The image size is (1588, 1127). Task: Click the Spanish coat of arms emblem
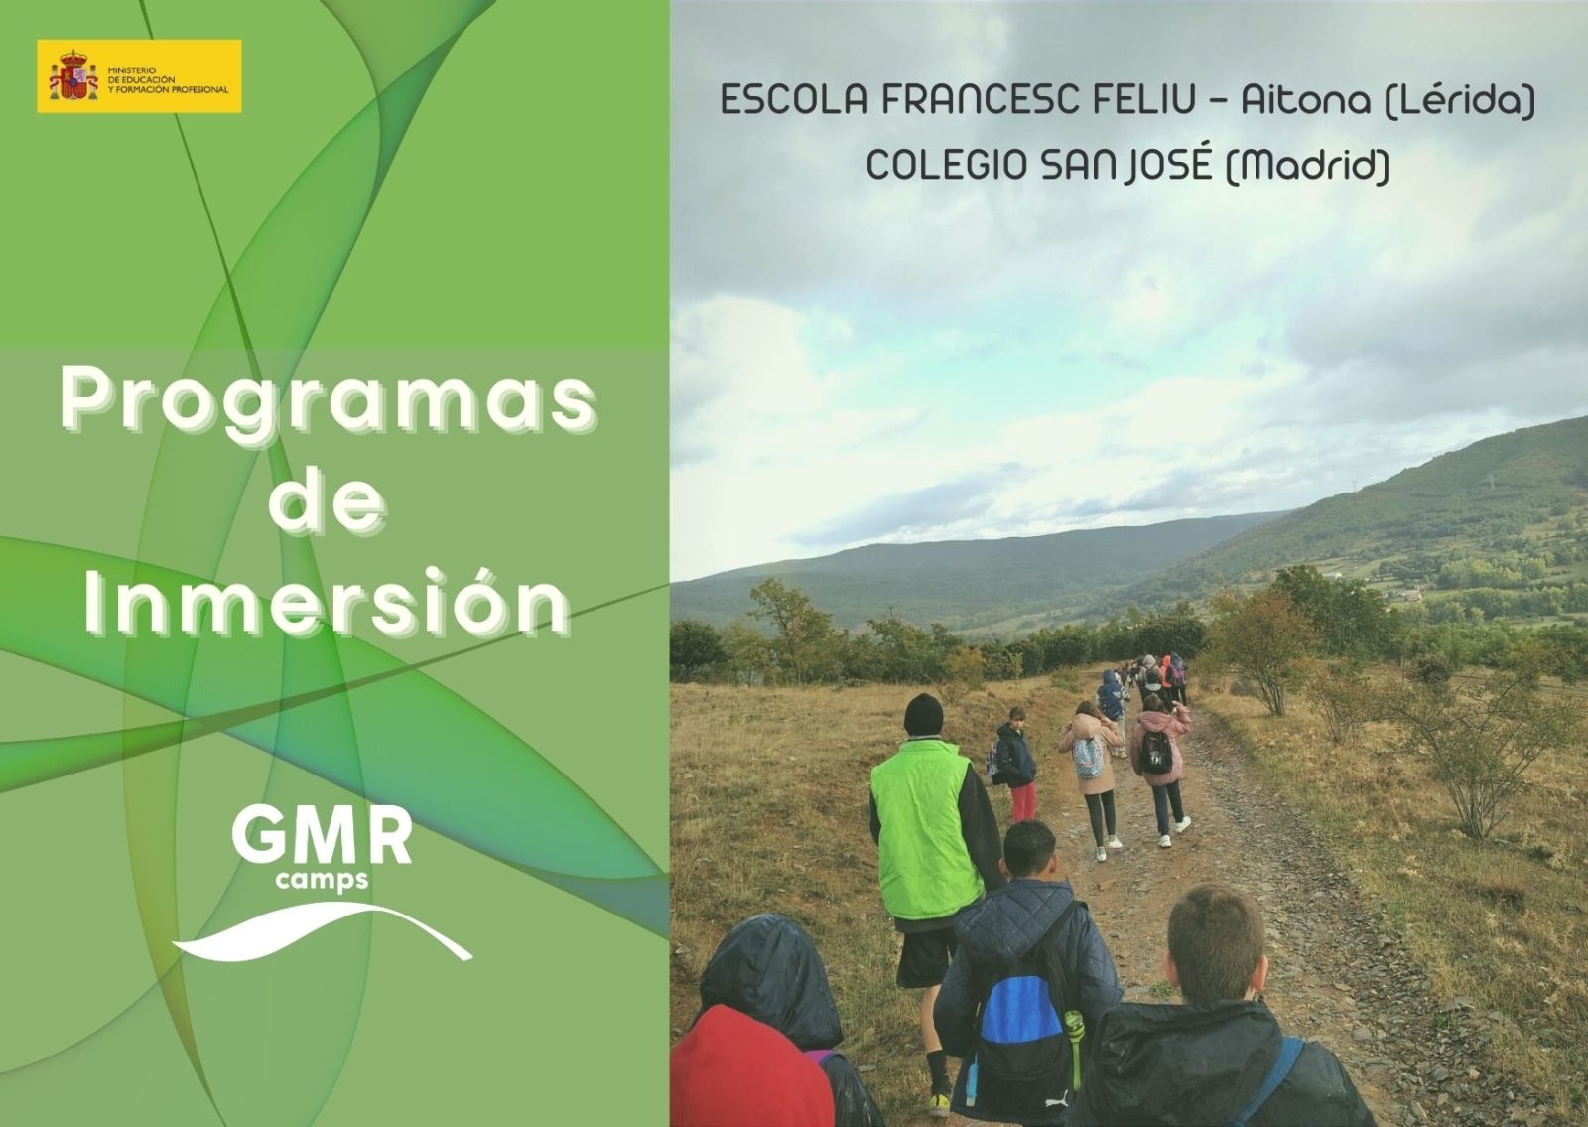click(73, 75)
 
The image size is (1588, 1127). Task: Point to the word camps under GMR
click(322, 880)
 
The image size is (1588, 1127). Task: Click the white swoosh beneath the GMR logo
click(323, 931)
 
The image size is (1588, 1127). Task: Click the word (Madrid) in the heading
click(1307, 166)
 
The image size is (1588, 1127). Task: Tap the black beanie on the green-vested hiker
click(923, 715)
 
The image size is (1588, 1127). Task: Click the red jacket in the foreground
click(750, 1066)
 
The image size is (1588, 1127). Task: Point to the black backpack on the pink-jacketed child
click(1156, 752)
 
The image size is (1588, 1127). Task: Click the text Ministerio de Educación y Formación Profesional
click(168, 80)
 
